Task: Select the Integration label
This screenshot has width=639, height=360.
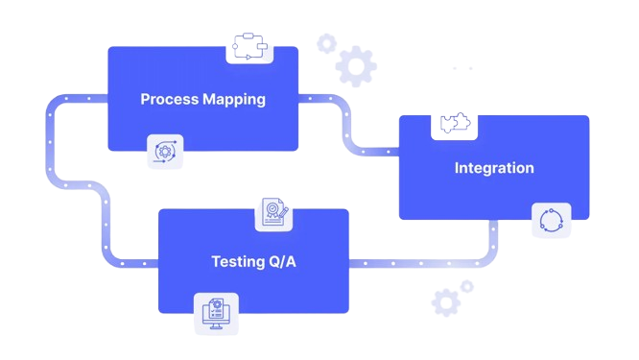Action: pyautogui.click(x=494, y=168)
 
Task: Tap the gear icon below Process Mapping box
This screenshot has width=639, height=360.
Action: pyautogui.click(x=163, y=153)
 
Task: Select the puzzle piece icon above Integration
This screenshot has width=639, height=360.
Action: pyautogui.click(x=453, y=123)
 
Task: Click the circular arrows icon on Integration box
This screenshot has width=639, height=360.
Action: pyautogui.click(x=551, y=221)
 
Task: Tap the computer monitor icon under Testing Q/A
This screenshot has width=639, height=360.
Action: pyautogui.click(x=216, y=313)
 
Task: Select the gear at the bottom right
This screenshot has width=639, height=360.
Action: pyautogui.click(x=445, y=302)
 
